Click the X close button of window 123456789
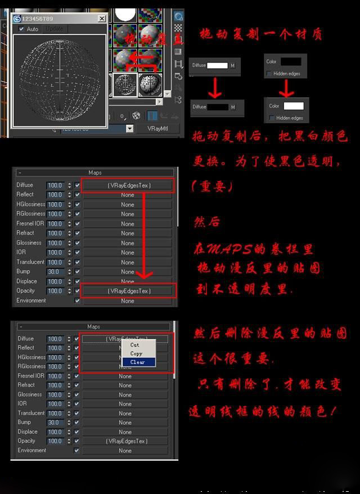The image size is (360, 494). [102, 19]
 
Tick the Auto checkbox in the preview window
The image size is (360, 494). [22, 29]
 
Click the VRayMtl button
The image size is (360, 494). [158, 128]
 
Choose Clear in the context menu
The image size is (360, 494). [138, 362]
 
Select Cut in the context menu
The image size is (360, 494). [135, 345]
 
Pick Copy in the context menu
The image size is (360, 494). [137, 353]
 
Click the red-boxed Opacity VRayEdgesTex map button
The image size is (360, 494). [128, 291]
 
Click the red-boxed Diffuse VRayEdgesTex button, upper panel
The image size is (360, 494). [128, 185]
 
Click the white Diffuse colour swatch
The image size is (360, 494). [217, 66]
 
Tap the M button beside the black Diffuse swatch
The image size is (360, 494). [232, 107]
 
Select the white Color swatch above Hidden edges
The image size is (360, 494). [293, 106]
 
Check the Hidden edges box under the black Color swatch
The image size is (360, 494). [271, 74]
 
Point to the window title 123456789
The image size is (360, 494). [38, 19]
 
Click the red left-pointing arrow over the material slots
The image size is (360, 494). [142, 57]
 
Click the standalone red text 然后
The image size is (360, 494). [206, 221]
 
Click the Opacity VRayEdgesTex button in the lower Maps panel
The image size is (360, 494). [127, 441]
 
